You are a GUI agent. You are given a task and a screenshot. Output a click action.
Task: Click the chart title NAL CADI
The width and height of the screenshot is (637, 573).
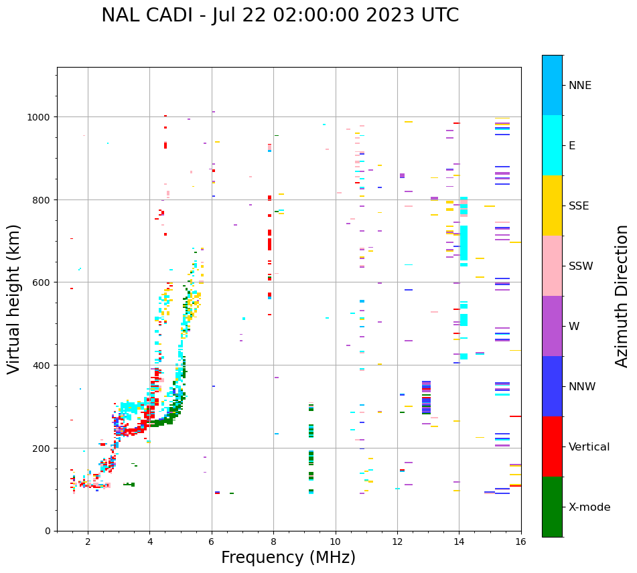coord(280,15)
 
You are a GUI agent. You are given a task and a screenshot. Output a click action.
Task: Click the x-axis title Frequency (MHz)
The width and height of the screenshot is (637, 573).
coord(288,558)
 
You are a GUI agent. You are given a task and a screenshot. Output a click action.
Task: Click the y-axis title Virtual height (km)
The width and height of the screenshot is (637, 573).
coord(14,299)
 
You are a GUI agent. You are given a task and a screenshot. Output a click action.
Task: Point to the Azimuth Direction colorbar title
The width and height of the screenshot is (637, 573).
coord(622,296)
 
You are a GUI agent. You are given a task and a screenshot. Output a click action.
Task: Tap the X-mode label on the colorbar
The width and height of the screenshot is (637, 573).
coord(589,507)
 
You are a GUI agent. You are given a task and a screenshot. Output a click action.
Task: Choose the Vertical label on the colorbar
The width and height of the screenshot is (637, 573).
coord(589,446)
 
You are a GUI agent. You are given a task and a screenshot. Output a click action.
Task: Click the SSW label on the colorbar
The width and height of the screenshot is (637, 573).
coord(581,266)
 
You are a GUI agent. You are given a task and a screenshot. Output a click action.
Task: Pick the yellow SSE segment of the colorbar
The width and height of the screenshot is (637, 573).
coord(552,206)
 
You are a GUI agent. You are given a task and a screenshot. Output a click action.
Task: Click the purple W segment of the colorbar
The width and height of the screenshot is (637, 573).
coord(552,326)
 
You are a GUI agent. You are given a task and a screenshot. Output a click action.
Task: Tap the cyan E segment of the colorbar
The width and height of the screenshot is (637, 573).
coord(552,145)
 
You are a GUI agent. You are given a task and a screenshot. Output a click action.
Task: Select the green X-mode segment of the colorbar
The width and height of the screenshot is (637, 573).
coord(552,507)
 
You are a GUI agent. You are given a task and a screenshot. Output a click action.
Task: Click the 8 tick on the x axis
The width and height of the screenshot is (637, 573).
coord(273,542)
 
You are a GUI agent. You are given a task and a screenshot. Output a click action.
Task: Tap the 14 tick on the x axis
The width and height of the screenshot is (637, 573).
coord(459,542)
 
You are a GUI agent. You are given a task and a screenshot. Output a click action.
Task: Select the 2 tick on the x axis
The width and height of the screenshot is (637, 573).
coord(88,542)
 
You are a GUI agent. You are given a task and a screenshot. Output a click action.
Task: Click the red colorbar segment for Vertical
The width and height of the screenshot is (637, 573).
coord(552,446)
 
